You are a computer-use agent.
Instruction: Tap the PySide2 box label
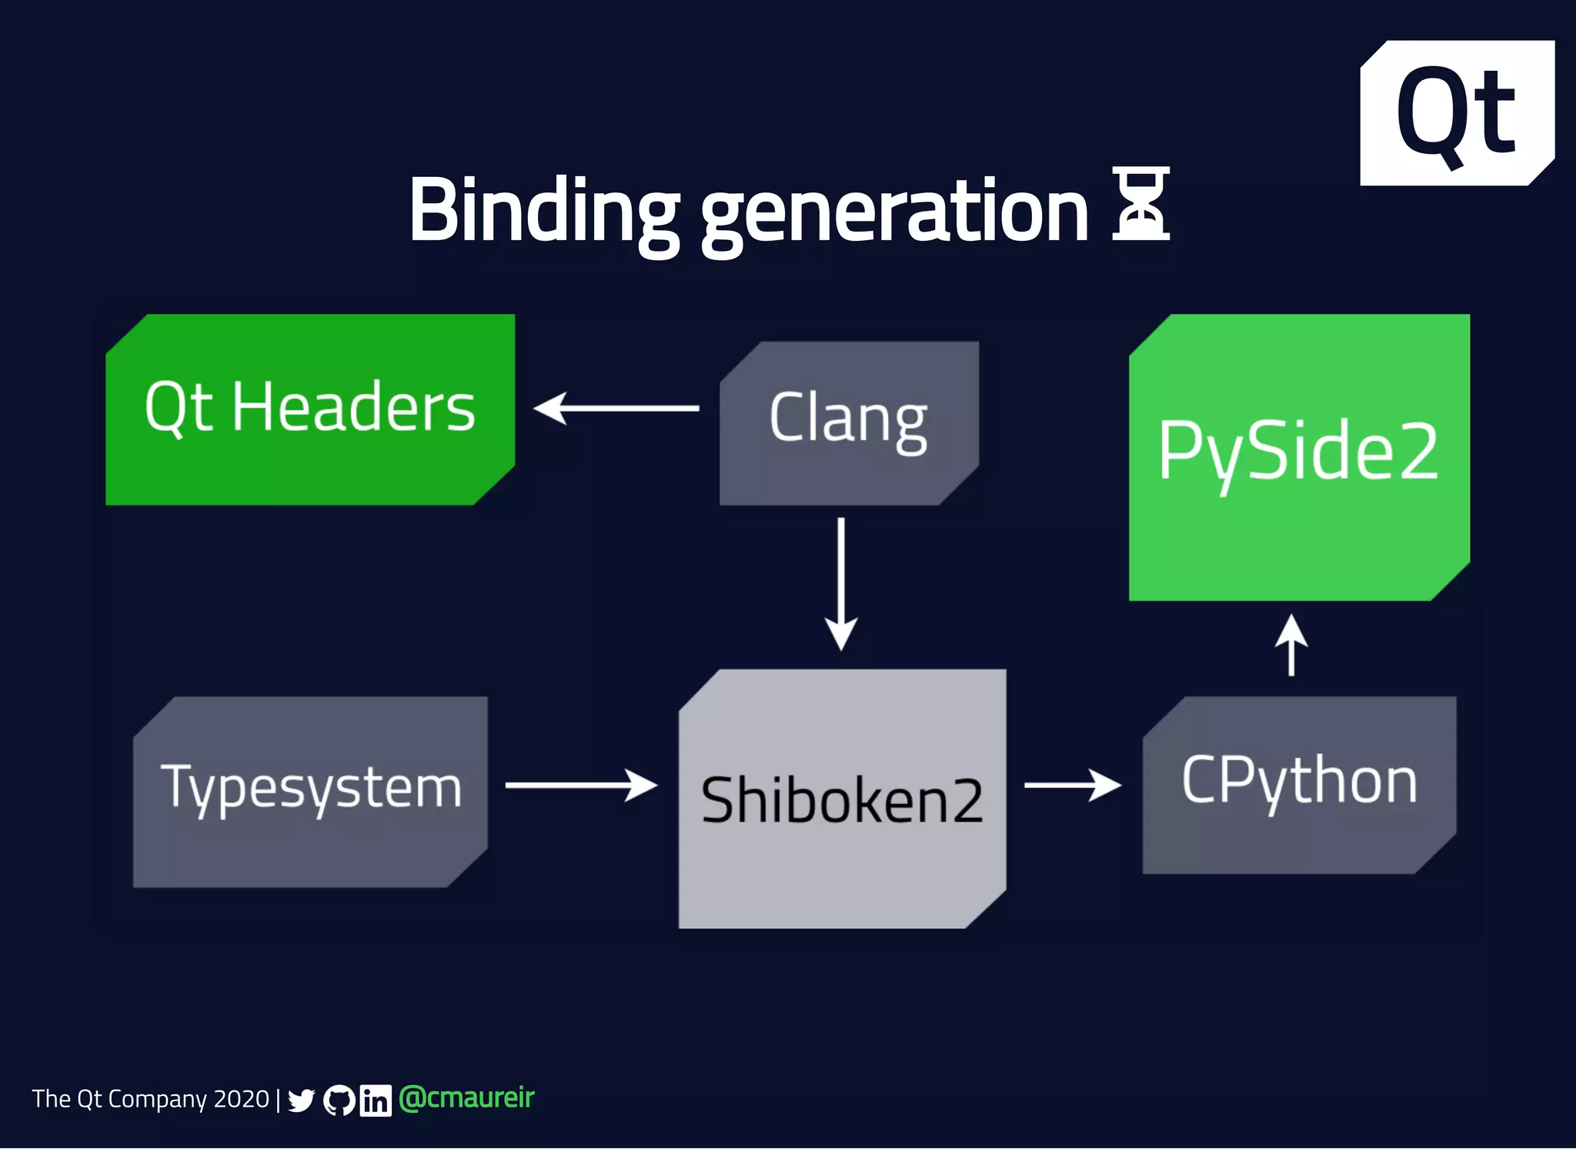click(1298, 452)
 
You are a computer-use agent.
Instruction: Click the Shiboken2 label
click(842, 800)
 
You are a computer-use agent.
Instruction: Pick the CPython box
click(1299, 783)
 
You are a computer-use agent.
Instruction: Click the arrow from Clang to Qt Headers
click(616, 408)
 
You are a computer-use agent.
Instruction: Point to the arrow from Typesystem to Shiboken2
click(581, 785)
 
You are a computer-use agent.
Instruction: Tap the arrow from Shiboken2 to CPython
click(1072, 785)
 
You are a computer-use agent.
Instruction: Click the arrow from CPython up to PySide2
click(1291, 645)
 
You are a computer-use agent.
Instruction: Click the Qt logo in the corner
click(1456, 113)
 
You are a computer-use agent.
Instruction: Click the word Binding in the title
click(543, 210)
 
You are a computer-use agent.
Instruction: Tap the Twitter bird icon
click(301, 1101)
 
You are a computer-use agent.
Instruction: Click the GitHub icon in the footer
click(339, 1101)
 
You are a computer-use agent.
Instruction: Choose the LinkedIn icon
click(376, 1101)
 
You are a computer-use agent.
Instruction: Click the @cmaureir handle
click(466, 1098)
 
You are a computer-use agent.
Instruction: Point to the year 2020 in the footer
click(241, 1099)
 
